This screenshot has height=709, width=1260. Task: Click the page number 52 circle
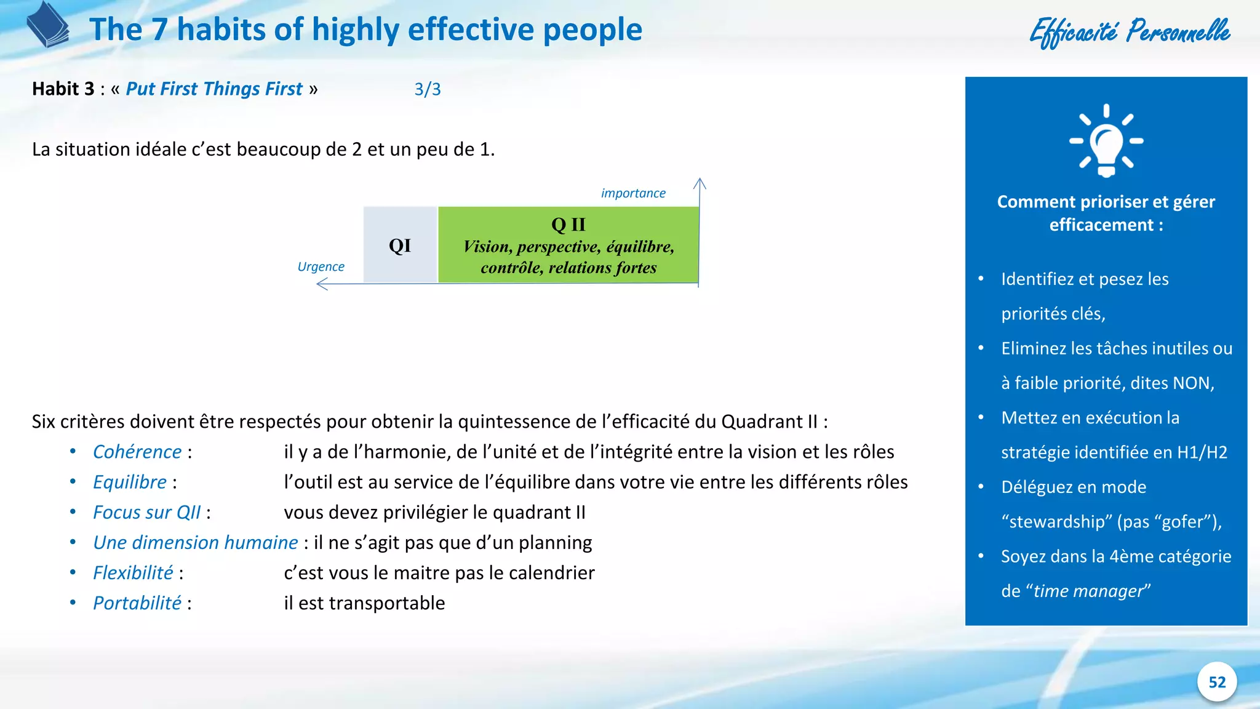click(x=1216, y=682)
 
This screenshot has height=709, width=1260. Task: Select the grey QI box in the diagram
click(x=400, y=246)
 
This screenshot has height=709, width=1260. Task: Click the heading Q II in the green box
click(x=568, y=225)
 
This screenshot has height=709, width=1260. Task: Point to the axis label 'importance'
click(x=633, y=193)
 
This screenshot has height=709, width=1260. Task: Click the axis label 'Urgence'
click(x=321, y=266)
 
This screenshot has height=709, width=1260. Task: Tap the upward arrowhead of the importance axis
click(x=700, y=183)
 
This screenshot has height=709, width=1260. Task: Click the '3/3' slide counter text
click(x=427, y=89)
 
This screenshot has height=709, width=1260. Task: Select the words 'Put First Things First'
click(x=214, y=89)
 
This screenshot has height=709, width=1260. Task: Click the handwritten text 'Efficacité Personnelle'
click(x=1130, y=32)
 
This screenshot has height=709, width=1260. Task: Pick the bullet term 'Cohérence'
click(x=137, y=452)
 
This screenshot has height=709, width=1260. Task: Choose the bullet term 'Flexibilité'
click(x=133, y=573)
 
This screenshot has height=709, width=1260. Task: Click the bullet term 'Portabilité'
click(x=137, y=603)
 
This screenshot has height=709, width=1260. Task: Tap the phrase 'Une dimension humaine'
click(x=195, y=543)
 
